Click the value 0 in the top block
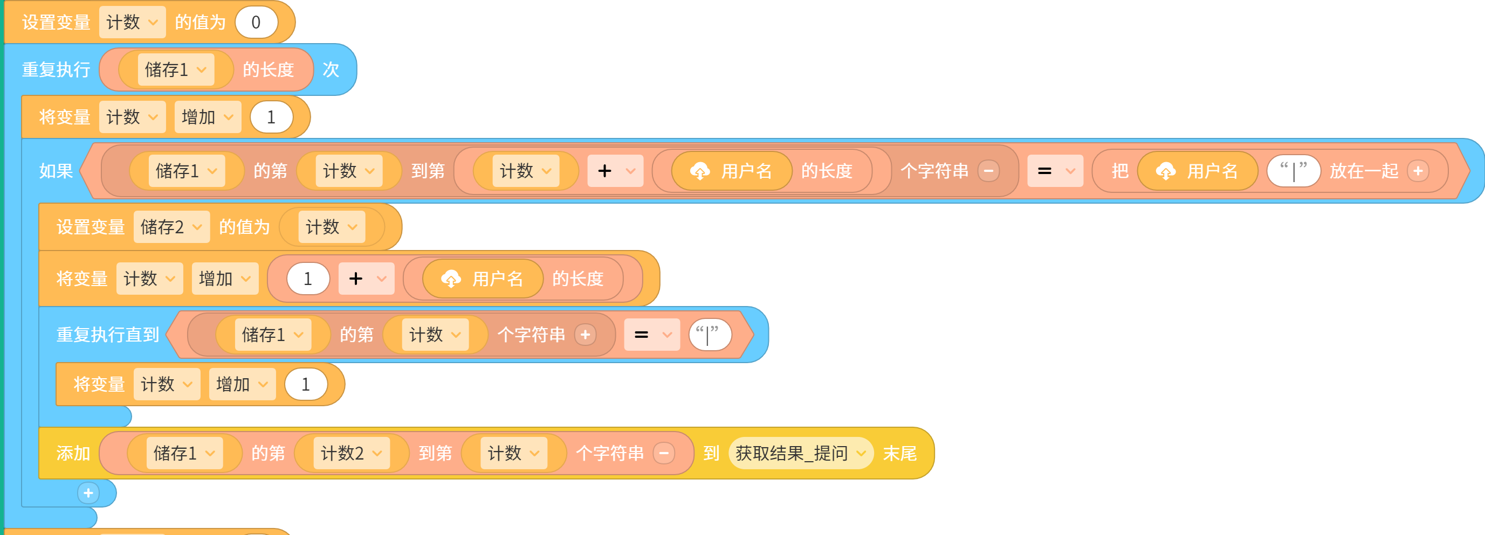coord(256,23)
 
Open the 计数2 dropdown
coord(351,453)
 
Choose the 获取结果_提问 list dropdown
coord(801,453)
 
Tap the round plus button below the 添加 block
coord(88,493)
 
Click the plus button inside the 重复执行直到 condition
coord(585,335)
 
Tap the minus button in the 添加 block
coord(664,453)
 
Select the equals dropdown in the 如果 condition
coord(1055,171)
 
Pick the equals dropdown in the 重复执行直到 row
coord(651,335)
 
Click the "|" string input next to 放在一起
coord(1293,171)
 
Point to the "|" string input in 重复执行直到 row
coord(710,335)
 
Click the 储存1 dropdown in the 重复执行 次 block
coord(176,70)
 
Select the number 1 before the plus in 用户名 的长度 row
coord(308,279)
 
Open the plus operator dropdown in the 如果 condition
coord(615,171)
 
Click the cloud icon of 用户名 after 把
coord(1165,171)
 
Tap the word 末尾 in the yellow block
coord(899,453)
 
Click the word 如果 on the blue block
coord(56,171)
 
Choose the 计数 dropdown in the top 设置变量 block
coord(132,23)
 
